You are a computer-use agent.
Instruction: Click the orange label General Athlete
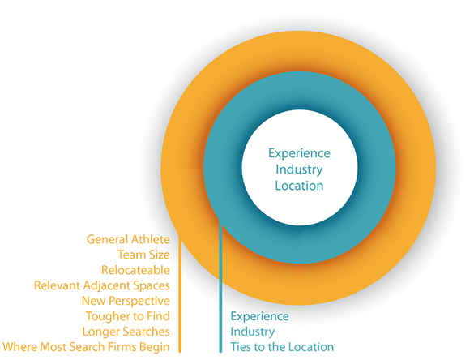pyautogui.click(x=128, y=239)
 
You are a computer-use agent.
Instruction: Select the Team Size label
pyautogui.click(x=144, y=255)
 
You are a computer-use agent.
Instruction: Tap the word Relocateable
pyautogui.click(x=136, y=270)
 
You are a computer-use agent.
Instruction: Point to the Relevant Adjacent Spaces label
pyautogui.click(x=102, y=286)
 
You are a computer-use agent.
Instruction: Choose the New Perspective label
pyautogui.click(x=126, y=301)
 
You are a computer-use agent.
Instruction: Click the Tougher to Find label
pyautogui.click(x=128, y=316)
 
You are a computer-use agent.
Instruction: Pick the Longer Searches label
pyautogui.click(x=126, y=332)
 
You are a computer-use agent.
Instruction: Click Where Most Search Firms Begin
pyautogui.click(x=86, y=347)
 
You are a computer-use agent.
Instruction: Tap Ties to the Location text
pyautogui.click(x=282, y=347)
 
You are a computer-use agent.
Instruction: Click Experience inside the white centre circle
pyautogui.click(x=299, y=153)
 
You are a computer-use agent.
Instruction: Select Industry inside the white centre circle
pyautogui.click(x=299, y=169)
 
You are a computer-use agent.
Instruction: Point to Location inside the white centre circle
pyautogui.click(x=299, y=186)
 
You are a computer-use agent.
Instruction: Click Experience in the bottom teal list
pyautogui.click(x=259, y=316)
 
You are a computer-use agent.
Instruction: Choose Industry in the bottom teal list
pyautogui.click(x=253, y=332)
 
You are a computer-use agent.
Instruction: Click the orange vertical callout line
pyautogui.click(x=180, y=293)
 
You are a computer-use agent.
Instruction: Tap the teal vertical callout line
pyautogui.click(x=220, y=287)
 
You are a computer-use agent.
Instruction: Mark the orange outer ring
pyautogui.click(x=416, y=167)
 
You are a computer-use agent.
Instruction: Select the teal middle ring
pyautogui.click(x=376, y=167)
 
